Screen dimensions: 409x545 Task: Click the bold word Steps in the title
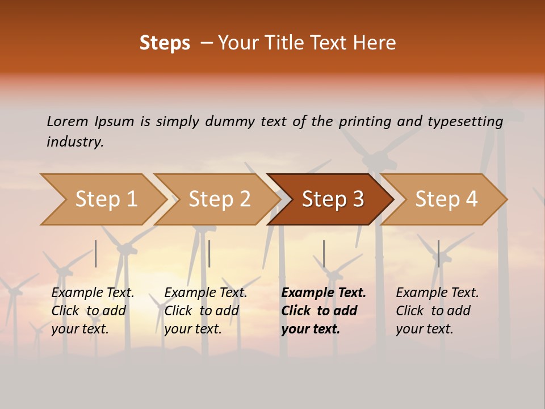coord(165,43)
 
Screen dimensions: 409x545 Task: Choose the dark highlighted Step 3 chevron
coord(333,199)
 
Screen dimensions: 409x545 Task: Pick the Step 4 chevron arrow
coord(446,199)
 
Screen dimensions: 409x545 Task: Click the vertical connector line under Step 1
coord(96,253)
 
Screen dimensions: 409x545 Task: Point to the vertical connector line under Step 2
coord(209,253)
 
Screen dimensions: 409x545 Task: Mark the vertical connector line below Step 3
coord(324,253)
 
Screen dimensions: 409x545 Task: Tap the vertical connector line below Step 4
coord(438,253)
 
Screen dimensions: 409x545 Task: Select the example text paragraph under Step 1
coord(93,311)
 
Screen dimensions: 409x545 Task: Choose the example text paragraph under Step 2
coord(206,311)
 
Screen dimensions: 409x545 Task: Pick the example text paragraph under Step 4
coord(437,311)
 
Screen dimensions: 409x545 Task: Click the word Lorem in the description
coord(68,121)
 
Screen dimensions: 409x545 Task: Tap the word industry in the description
coord(75,142)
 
